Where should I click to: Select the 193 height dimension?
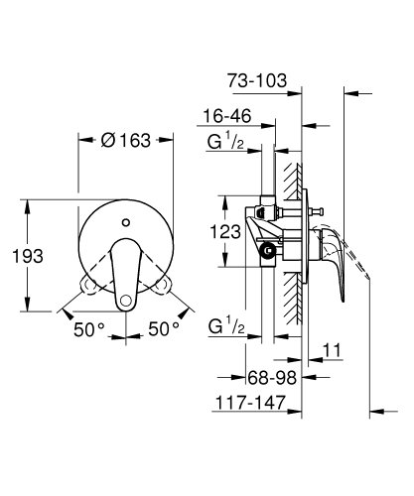pos(31,255)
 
